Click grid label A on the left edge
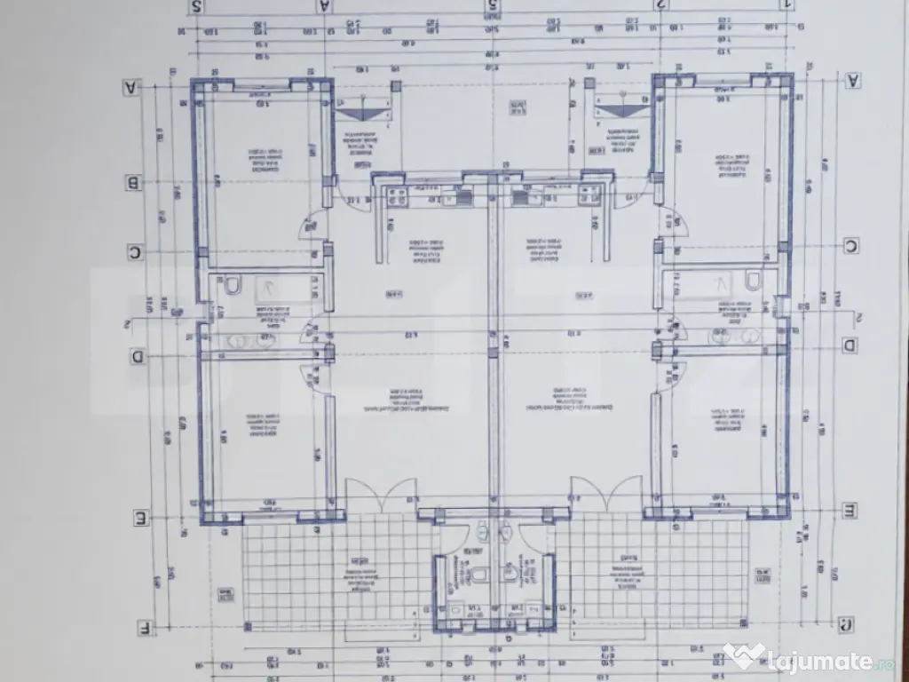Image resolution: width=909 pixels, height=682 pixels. pyautogui.click(x=132, y=87)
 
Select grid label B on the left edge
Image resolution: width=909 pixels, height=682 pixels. pyautogui.click(x=134, y=183)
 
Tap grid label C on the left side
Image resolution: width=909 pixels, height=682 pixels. pyautogui.click(x=135, y=252)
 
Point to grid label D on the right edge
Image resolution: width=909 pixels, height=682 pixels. pyautogui.click(x=849, y=345)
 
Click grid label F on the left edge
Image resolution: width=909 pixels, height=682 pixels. pyautogui.click(x=142, y=628)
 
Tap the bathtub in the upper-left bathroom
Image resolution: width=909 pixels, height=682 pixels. pyautogui.click(x=280, y=286)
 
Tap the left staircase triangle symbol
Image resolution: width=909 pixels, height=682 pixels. pyautogui.click(x=363, y=112)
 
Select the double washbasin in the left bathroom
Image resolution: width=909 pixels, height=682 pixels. pyautogui.click(x=249, y=339)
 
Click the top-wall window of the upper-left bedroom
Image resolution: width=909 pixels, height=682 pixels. pyautogui.click(x=263, y=85)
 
